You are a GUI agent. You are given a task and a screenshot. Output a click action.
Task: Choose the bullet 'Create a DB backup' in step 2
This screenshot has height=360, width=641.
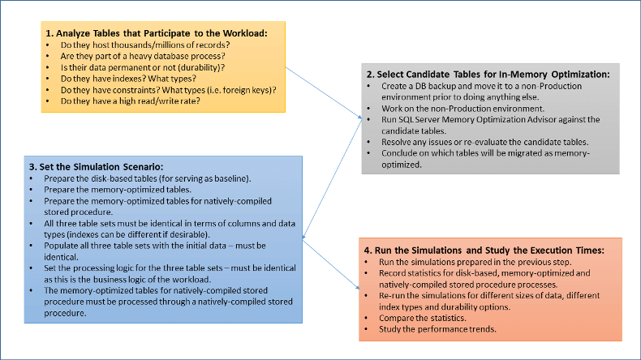coord(487,85)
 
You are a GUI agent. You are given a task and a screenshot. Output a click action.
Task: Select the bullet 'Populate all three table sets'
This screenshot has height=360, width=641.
coord(146,244)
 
